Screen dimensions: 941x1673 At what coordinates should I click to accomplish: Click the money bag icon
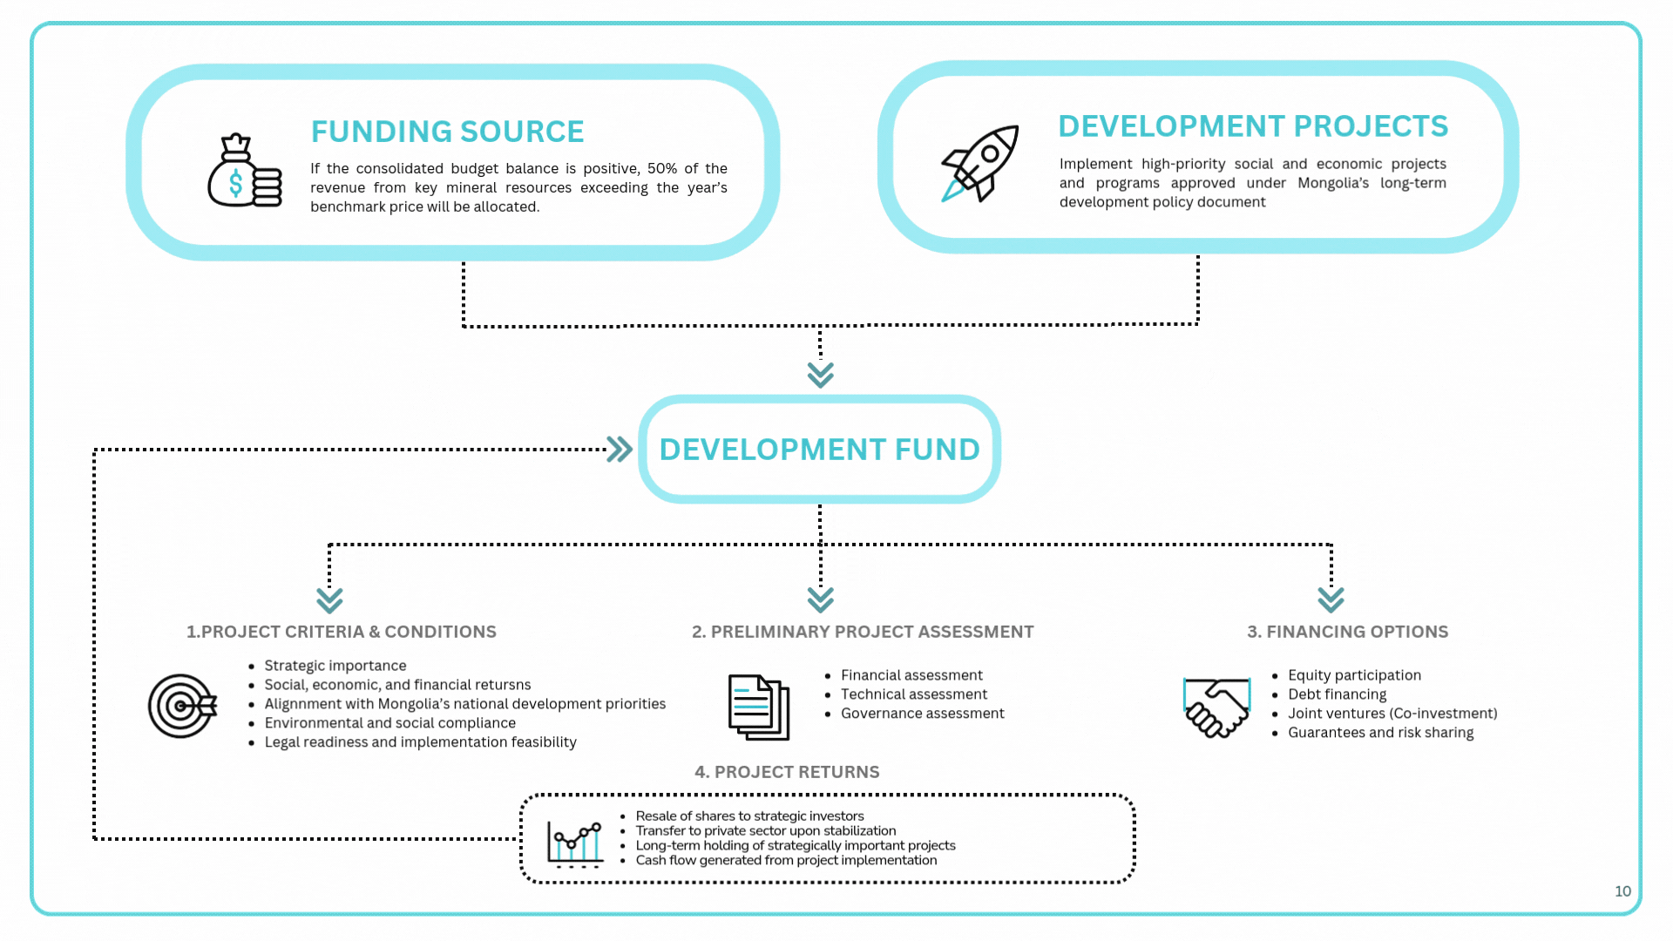click(x=243, y=172)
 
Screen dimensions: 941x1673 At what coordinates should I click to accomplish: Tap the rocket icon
click(x=981, y=163)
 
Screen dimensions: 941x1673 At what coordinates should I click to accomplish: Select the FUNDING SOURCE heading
click(x=447, y=132)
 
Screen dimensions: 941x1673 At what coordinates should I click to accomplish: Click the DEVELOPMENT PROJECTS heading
click(x=1252, y=126)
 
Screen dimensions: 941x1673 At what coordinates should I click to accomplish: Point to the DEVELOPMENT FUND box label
click(x=819, y=450)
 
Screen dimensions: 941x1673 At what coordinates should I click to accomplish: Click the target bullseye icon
click(x=181, y=706)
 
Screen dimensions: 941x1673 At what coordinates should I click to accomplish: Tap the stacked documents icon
click(x=758, y=707)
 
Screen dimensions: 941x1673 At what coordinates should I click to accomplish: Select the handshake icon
click(x=1216, y=707)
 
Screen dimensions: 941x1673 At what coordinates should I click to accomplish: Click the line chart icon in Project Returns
click(x=575, y=843)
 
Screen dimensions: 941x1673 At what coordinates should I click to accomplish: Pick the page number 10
click(x=1622, y=891)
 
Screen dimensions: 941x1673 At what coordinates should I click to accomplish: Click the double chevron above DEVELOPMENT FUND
click(x=820, y=375)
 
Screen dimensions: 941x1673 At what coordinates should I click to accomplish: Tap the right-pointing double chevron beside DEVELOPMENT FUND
click(x=620, y=450)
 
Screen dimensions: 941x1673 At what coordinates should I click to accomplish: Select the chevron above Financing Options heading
click(x=1331, y=599)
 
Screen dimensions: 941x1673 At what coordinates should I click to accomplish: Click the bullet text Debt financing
click(x=1337, y=694)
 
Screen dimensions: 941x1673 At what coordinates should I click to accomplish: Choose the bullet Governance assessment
click(x=922, y=714)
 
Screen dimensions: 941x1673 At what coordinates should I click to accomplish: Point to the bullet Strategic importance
click(x=335, y=666)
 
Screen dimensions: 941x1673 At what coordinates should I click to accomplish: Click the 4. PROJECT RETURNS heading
click(x=787, y=772)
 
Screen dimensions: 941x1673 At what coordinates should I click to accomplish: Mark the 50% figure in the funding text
click(x=661, y=168)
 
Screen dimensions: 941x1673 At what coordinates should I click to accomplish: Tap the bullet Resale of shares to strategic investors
click(x=749, y=816)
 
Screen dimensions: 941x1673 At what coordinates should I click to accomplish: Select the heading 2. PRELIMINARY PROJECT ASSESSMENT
click(x=863, y=632)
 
